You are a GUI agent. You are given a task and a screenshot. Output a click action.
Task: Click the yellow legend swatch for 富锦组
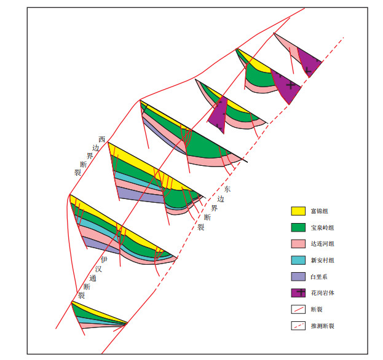(298, 211)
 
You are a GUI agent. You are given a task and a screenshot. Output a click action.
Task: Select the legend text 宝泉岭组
(322, 228)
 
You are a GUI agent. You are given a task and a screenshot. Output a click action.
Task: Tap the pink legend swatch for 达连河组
(298, 243)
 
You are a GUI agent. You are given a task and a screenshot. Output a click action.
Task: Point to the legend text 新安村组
(322, 260)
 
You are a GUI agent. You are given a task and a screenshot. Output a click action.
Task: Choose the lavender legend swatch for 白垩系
(298, 276)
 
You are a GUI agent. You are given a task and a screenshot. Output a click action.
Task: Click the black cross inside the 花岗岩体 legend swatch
(301, 292)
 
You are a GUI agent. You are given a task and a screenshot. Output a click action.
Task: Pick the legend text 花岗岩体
(322, 293)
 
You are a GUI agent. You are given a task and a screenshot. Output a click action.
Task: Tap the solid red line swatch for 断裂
(298, 309)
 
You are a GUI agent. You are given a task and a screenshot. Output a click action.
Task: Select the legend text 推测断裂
(322, 326)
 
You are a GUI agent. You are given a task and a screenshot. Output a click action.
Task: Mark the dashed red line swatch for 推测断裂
(298, 326)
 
